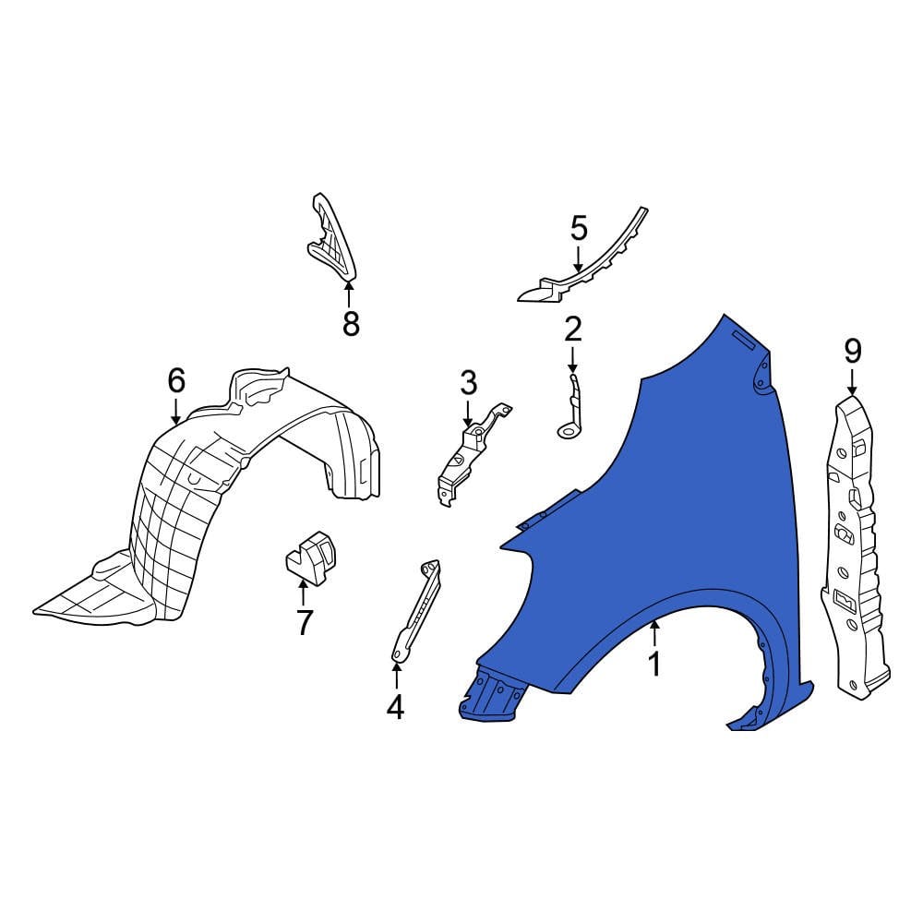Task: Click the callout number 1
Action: coord(654,664)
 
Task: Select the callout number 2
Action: coord(572,328)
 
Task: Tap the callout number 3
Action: coord(468,381)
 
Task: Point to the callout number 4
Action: coord(395,707)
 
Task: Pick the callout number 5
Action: coord(579,226)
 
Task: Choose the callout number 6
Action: coord(176,379)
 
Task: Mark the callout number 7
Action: coord(304,623)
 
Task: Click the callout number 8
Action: coord(350,324)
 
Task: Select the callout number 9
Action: coord(852,351)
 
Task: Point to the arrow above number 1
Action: coord(654,633)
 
